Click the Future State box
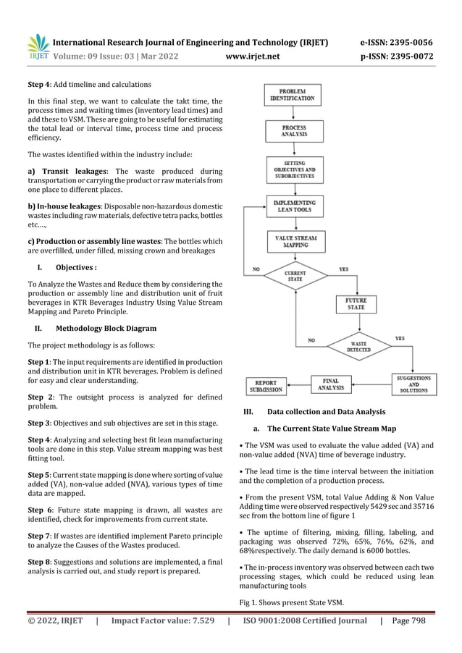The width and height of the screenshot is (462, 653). pyautogui.click(x=355, y=303)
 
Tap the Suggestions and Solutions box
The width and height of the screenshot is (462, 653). pyautogui.click(x=414, y=383)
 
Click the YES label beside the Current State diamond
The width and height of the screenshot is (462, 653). pyautogui.click(x=343, y=269)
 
